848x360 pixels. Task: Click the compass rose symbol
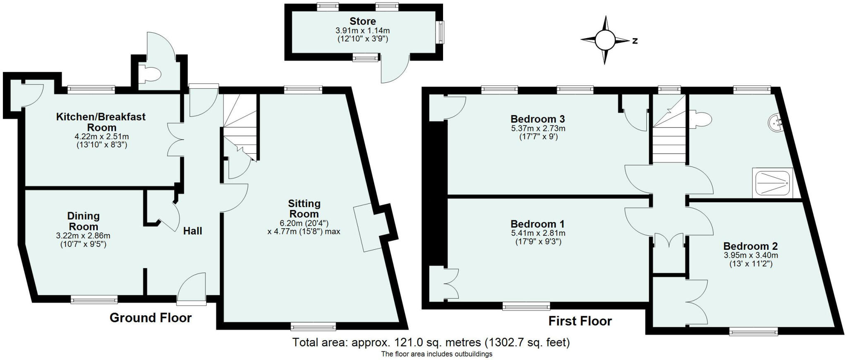tap(605, 40)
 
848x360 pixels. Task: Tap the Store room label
tap(363, 21)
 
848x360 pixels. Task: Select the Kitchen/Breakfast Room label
tap(101, 122)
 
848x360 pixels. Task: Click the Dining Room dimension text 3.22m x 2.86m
tap(83, 236)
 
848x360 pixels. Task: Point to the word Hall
tap(193, 231)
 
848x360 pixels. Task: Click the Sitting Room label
tap(304, 209)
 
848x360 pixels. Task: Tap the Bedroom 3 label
tap(538, 119)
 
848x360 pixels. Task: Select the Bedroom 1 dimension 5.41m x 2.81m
tap(538, 233)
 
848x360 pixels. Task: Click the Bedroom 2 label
tap(751, 246)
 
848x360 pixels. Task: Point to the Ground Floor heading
tap(150, 318)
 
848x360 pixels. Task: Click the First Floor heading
tap(580, 321)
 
